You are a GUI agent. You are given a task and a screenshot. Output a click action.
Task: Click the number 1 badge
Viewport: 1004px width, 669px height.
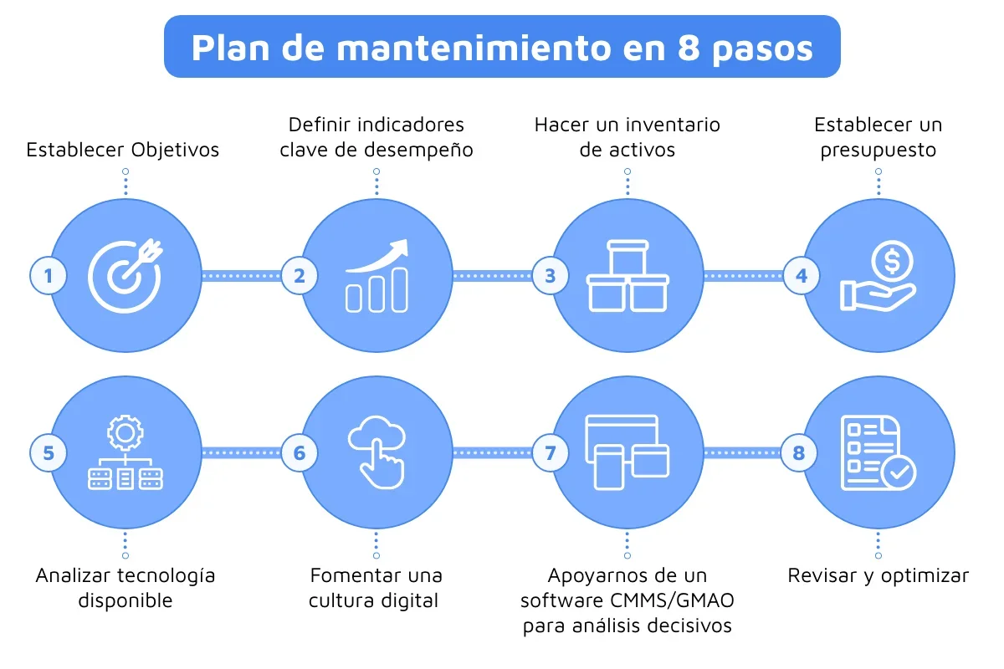click(49, 276)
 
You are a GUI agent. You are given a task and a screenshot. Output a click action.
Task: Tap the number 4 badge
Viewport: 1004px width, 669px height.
click(802, 276)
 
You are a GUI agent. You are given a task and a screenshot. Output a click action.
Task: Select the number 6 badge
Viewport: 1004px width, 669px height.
click(300, 452)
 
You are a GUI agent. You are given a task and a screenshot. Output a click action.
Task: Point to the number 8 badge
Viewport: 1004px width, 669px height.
click(799, 452)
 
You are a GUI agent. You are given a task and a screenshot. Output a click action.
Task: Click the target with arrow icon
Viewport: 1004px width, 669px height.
click(125, 275)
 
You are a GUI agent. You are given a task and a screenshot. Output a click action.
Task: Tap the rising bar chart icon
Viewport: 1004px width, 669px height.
click(376, 275)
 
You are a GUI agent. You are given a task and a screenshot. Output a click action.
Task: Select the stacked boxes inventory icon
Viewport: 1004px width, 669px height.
click(627, 276)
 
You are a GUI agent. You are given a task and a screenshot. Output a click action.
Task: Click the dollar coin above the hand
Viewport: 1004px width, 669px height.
click(892, 261)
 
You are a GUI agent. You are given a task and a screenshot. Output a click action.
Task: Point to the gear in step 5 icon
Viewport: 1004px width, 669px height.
click(125, 433)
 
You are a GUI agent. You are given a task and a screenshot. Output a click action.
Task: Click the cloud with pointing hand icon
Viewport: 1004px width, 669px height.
click(376, 452)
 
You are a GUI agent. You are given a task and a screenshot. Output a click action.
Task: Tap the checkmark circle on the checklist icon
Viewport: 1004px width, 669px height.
click(899, 472)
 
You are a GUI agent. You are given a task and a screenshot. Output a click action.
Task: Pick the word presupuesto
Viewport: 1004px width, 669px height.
click(878, 151)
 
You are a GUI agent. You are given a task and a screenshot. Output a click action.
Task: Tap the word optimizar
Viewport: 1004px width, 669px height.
click(925, 576)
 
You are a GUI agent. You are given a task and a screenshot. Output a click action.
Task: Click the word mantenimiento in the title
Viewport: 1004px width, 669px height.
click(474, 48)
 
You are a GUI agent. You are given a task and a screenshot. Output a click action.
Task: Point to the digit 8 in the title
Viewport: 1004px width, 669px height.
click(689, 48)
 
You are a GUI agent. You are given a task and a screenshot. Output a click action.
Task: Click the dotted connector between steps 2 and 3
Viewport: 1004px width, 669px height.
click(492, 276)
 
